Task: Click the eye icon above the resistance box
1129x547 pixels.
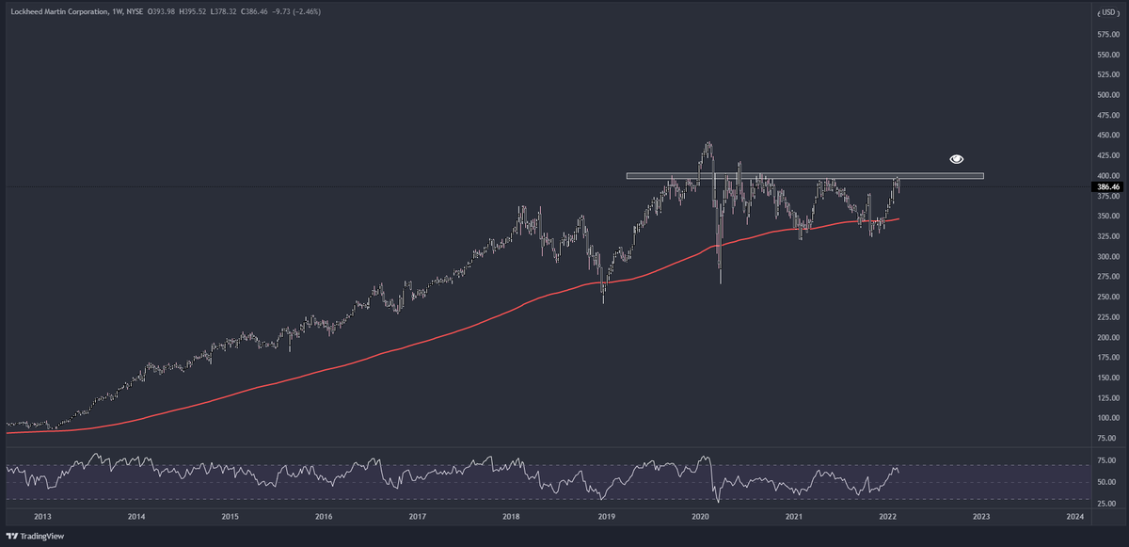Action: point(956,159)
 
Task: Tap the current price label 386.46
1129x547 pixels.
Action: point(1107,187)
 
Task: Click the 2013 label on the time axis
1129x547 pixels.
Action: point(42,516)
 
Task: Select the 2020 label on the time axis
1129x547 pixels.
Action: point(700,516)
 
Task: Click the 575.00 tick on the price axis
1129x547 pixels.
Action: point(1107,34)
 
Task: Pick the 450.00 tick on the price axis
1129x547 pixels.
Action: point(1107,136)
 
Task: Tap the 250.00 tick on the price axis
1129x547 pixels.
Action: point(1107,297)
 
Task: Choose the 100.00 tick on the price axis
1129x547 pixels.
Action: point(1107,418)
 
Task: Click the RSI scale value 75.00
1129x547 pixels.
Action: point(1107,460)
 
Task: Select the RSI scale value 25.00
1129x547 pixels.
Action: point(1107,504)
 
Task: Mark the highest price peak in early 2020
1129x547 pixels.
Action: point(708,143)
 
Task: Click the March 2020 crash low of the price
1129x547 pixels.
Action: point(720,282)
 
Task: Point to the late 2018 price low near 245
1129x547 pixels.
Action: point(603,301)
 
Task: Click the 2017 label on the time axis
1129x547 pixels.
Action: point(418,516)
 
